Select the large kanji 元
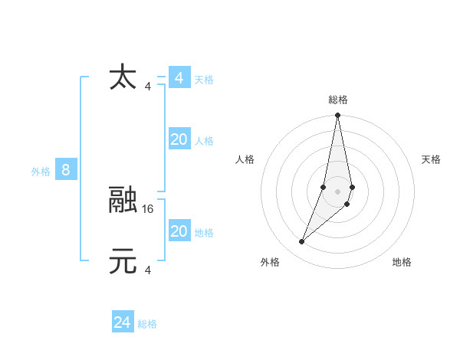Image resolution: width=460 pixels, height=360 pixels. pyautogui.click(x=123, y=261)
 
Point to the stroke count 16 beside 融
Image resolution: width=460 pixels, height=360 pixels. pyautogui.click(x=149, y=208)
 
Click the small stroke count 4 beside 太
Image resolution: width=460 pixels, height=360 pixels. pyautogui.click(x=148, y=86)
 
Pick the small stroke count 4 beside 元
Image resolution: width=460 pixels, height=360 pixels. pyautogui.click(x=148, y=270)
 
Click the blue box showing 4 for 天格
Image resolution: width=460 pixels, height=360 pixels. pyautogui.click(x=179, y=78)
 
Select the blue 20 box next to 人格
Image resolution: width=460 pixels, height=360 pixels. pyautogui.click(x=179, y=139)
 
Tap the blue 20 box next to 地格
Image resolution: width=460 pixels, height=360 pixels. pyautogui.click(x=179, y=231)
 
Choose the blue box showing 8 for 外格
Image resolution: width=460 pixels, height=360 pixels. pyautogui.click(x=66, y=170)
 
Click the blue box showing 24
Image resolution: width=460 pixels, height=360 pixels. pyautogui.click(x=123, y=322)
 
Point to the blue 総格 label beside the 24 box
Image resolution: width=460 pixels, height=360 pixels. pyautogui.click(x=147, y=324)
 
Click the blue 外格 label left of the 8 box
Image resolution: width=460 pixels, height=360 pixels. pyautogui.click(x=41, y=172)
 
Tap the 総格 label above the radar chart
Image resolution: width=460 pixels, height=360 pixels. pyautogui.click(x=338, y=100)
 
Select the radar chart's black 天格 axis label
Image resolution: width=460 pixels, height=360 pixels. pyautogui.click(x=432, y=159)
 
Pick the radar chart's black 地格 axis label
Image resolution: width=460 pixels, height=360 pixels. pyautogui.click(x=402, y=262)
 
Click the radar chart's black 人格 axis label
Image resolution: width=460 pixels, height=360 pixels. pyautogui.click(x=245, y=159)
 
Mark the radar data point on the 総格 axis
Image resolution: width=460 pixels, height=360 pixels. pyautogui.click(x=338, y=116)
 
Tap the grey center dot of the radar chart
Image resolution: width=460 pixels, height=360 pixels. pyautogui.click(x=338, y=191)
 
